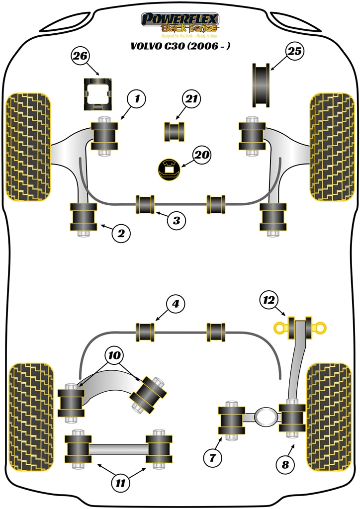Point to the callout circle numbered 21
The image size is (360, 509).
[191, 99]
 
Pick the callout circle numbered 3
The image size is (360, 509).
[177, 220]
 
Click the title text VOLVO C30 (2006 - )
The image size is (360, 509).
[180, 47]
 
